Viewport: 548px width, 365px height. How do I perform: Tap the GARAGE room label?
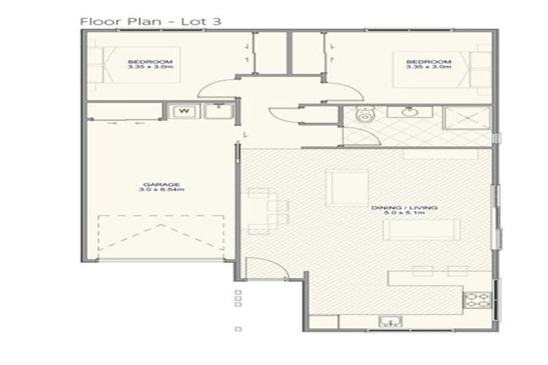(151, 184)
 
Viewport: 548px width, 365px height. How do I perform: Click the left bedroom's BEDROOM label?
(150, 62)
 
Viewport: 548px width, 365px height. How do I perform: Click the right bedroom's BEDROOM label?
(428, 62)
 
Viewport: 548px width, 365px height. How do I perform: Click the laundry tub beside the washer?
(213, 110)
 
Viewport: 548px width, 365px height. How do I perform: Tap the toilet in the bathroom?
(365, 115)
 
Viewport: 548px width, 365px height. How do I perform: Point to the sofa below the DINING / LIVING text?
(412, 230)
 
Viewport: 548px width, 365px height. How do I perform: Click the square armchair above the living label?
(342, 185)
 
